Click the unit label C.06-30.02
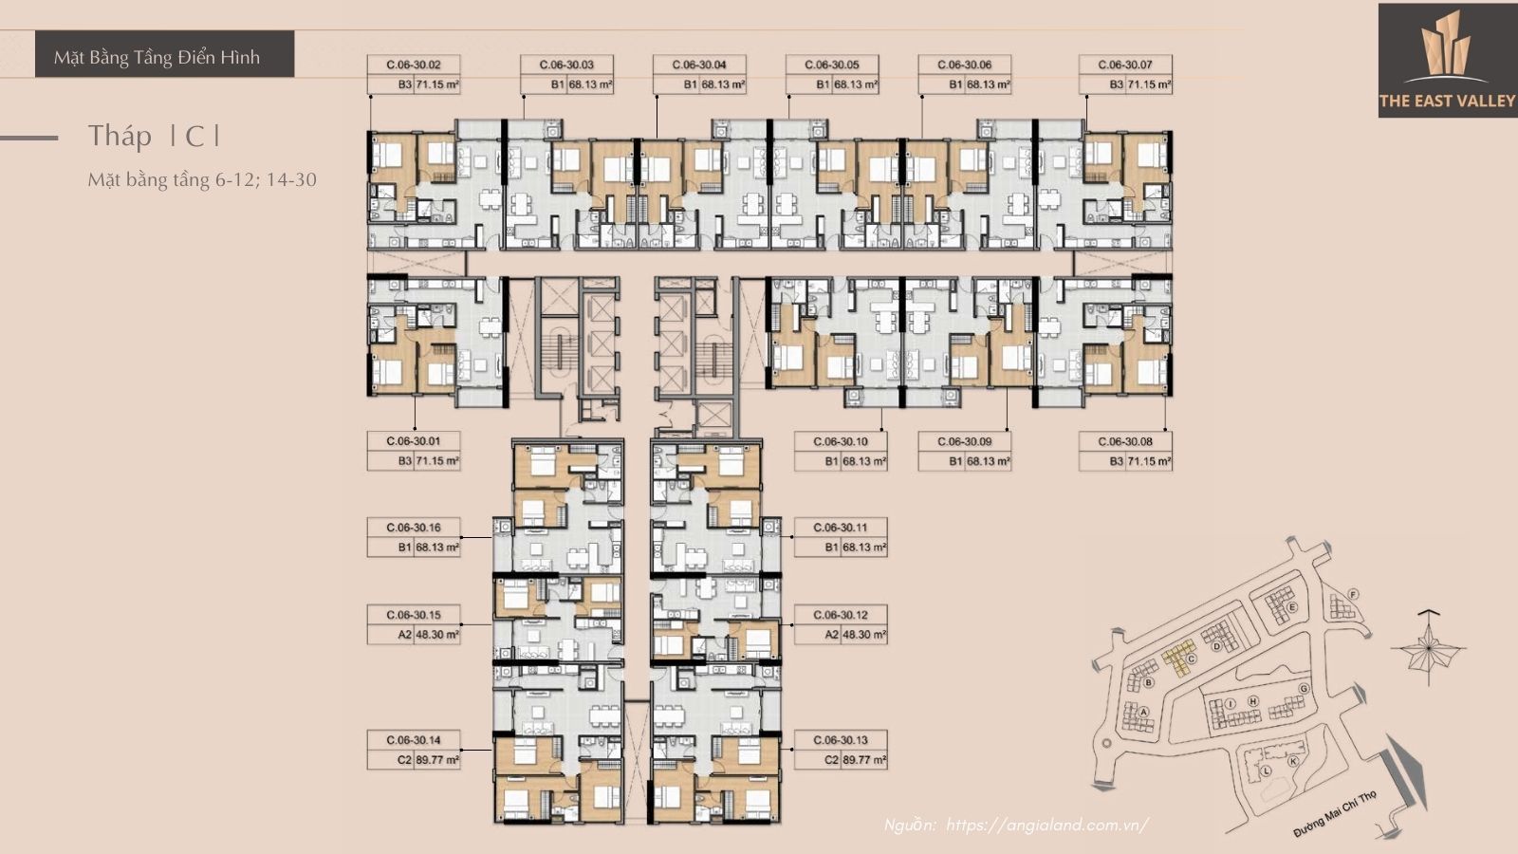(414, 65)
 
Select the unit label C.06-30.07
(1125, 65)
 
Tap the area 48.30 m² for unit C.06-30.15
(437, 635)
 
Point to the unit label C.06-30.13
(841, 740)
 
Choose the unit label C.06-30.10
(841, 441)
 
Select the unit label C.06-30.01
(414, 441)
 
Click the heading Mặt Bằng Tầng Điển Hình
(157, 57)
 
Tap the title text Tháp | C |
(155, 136)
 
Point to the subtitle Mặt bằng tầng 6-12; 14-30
(202, 179)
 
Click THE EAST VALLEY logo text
(1447, 101)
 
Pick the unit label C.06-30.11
(841, 528)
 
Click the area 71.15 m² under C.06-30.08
(1149, 462)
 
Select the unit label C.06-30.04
(699, 65)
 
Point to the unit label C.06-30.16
(414, 528)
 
